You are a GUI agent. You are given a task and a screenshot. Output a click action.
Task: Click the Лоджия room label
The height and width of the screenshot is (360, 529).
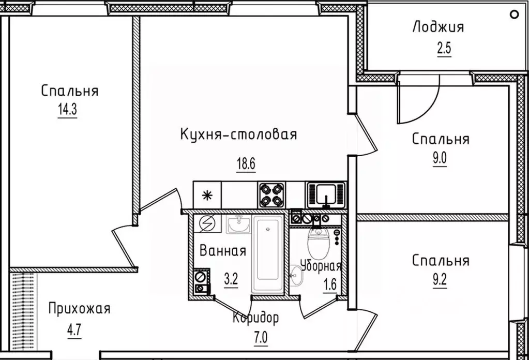click(x=438, y=27)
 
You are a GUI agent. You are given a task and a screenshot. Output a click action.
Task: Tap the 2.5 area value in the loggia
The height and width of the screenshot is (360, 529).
click(x=443, y=50)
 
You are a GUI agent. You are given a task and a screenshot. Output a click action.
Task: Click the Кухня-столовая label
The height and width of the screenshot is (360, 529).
click(x=238, y=135)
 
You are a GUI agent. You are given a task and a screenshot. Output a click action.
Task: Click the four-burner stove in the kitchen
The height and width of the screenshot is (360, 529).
click(x=271, y=195)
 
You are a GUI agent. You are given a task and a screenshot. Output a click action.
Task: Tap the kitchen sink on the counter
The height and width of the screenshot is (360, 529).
click(x=325, y=194)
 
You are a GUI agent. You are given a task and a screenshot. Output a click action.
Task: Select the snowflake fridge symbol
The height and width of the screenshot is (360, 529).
click(x=207, y=195)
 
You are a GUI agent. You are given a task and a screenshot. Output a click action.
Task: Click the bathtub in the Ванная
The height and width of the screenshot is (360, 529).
click(x=268, y=254)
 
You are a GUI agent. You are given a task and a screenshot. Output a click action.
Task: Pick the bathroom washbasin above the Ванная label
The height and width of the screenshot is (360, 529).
click(x=239, y=225)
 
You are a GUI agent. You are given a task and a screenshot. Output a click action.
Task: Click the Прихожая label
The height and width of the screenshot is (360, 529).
click(x=79, y=309)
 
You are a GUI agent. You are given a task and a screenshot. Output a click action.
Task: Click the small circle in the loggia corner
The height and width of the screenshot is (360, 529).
click(x=513, y=14)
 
